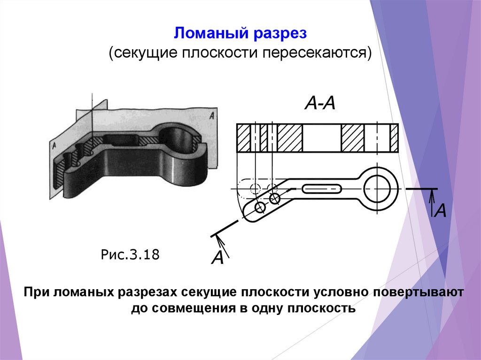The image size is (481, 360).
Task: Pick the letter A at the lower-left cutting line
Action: (217, 258)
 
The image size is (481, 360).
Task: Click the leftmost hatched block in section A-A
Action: (244, 138)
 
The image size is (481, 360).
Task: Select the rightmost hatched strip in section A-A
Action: (394, 138)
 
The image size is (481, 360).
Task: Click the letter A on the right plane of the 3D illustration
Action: (212, 115)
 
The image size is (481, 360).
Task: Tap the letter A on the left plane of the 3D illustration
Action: (55, 146)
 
